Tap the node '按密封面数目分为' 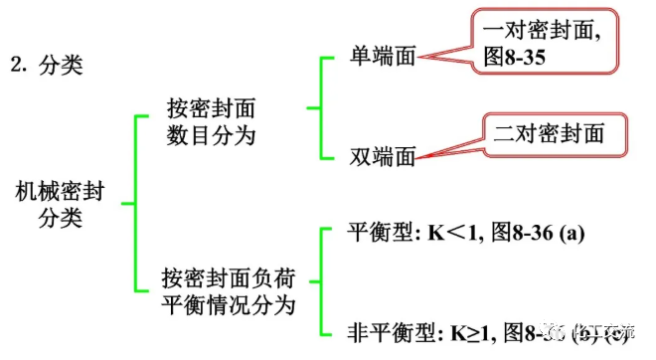(217, 122)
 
